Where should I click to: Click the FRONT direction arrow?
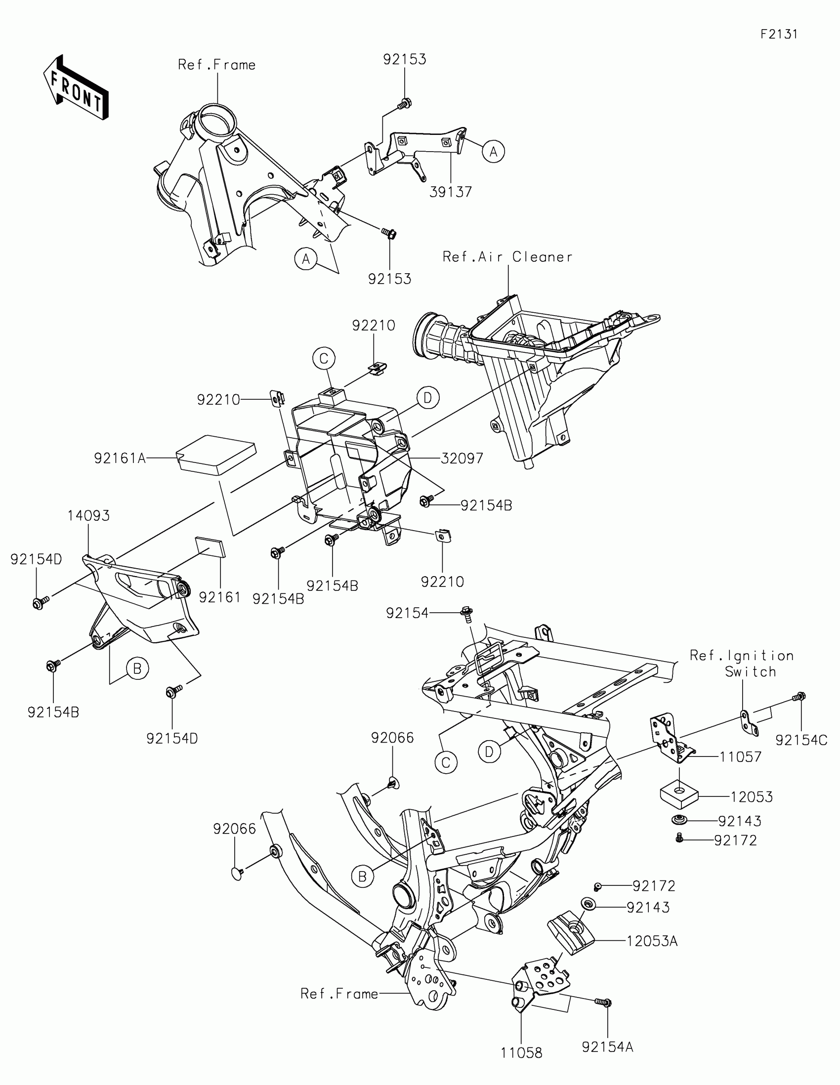coord(76,88)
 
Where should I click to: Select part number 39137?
coord(451,192)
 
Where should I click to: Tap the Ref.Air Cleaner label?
coord(507,257)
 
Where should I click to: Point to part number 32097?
coord(462,458)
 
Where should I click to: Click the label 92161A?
coord(120,458)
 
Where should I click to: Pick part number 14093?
coord(88,516)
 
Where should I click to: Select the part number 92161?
coord(219,597)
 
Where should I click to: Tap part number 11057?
coord(741,756)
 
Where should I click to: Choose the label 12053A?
coord(652,941)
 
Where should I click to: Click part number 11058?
coord(522,1052)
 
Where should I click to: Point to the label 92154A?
coord(608,1047)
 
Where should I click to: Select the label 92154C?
coord(801,740)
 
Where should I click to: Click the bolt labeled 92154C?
coord(799,697)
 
